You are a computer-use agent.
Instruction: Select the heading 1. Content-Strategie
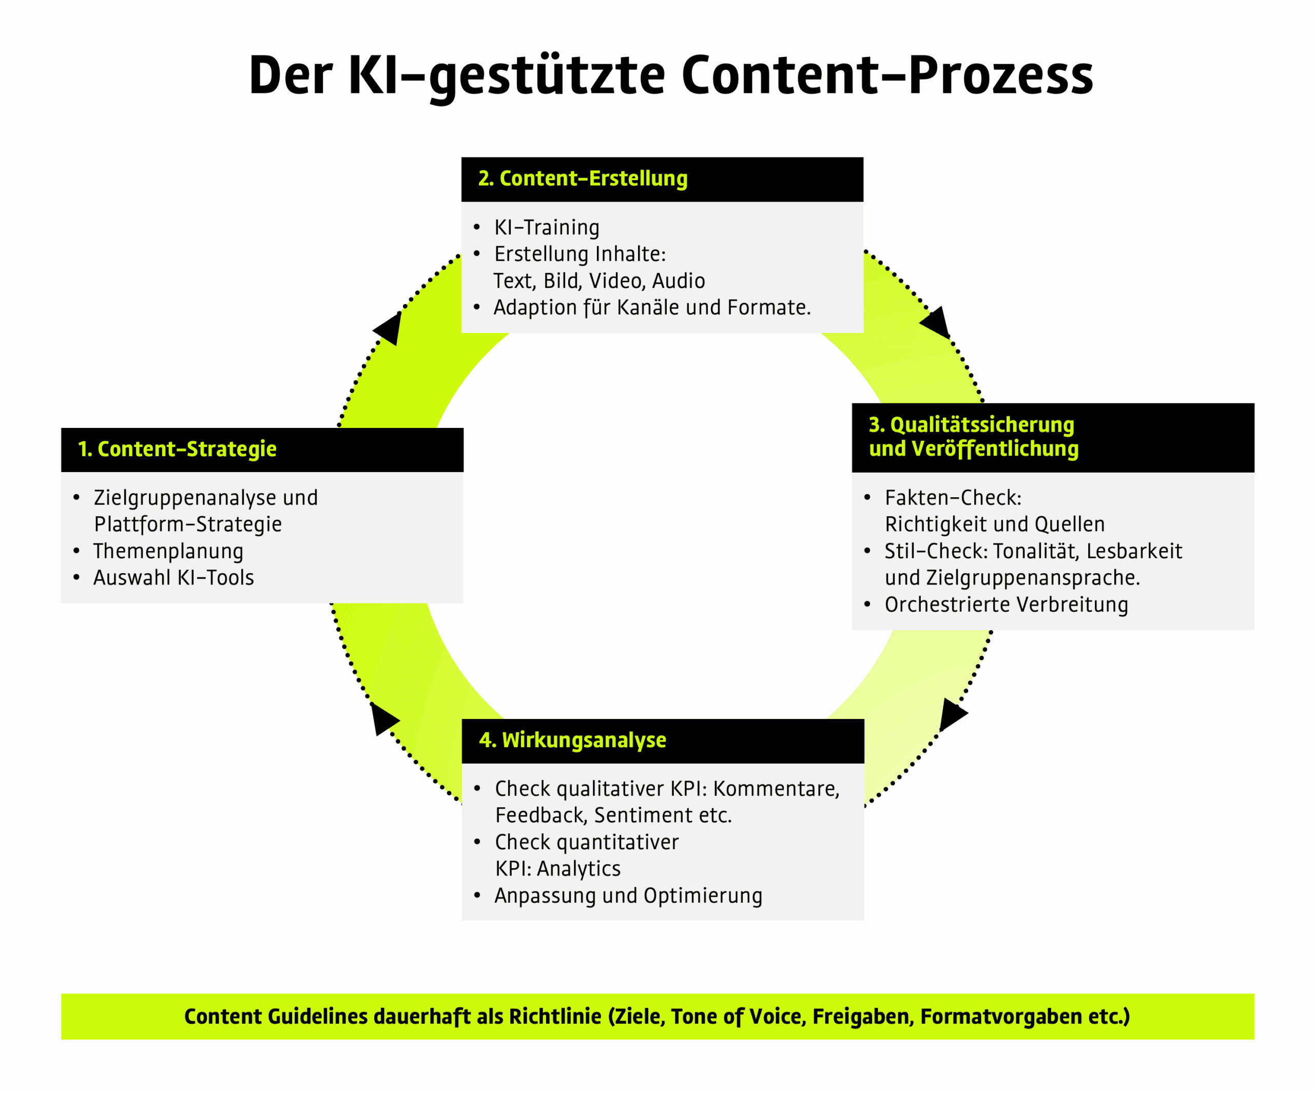tap(177, 449)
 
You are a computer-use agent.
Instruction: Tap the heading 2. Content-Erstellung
tap(583, 179)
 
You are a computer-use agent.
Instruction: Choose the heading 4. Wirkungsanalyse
tap(572, 740)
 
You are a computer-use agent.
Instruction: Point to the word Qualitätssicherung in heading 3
tap(982, 425)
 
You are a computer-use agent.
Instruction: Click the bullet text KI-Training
tap(546, 228)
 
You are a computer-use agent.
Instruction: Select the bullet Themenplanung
tap(168, 551)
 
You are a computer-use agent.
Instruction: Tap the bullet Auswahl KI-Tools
tap(173, 577)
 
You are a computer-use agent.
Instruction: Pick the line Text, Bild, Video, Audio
tap(599, 281)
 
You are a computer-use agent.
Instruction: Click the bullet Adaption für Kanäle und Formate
tap(651, 308)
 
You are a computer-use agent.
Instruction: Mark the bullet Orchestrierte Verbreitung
tap(1006, 604)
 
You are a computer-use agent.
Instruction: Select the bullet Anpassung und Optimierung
tap(628, 895)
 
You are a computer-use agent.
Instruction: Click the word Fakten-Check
tap(952, 498)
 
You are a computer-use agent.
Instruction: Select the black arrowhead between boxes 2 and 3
tap(935, 323)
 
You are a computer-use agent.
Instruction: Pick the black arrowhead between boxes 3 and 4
tap(952, 714)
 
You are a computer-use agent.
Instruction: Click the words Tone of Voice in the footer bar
tap(738, 1017)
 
